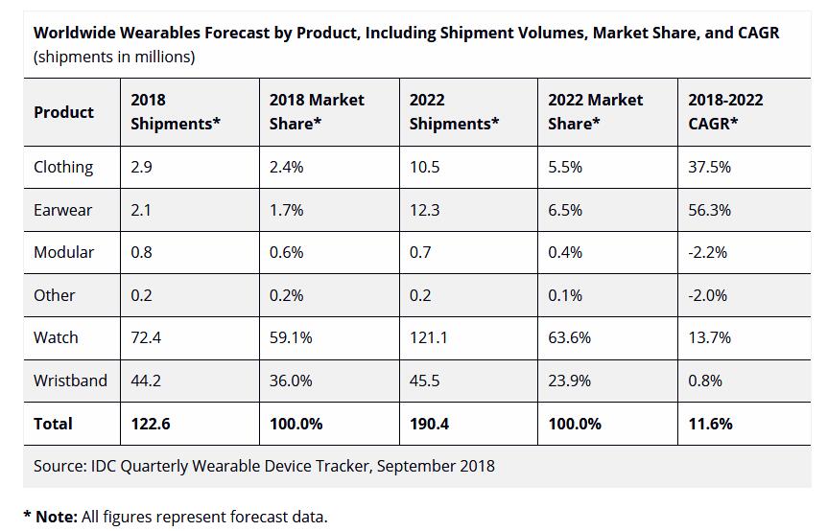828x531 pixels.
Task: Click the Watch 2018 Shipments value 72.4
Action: coord(146,337)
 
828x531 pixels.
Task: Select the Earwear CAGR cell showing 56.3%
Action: coord(709,210)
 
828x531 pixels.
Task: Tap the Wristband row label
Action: coord(70,381)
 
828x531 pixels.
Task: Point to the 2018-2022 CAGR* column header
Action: coord(725,111)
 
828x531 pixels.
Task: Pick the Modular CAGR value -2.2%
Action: coord(707,252)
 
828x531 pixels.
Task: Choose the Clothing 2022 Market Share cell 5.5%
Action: coord(565,167)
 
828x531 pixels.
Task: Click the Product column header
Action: coord(63,112)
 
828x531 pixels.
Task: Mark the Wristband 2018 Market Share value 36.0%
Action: coord(290,381)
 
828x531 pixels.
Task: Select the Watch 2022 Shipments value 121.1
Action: coord(428,337)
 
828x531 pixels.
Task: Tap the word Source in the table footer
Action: coord(59,466)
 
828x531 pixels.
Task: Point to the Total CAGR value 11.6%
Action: coord(710,424)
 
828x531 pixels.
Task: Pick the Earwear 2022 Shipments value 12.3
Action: coord(424,210)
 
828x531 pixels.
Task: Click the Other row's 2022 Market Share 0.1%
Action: coord(565,295)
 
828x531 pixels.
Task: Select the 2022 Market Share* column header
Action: coord(595,111)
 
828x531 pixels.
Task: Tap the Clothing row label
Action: coord(63,167)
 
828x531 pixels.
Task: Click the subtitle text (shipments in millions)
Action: coord(114,57)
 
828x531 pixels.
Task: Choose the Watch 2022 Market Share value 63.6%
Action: coord(569,337)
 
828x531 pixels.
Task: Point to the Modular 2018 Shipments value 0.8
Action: coord(142,252)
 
